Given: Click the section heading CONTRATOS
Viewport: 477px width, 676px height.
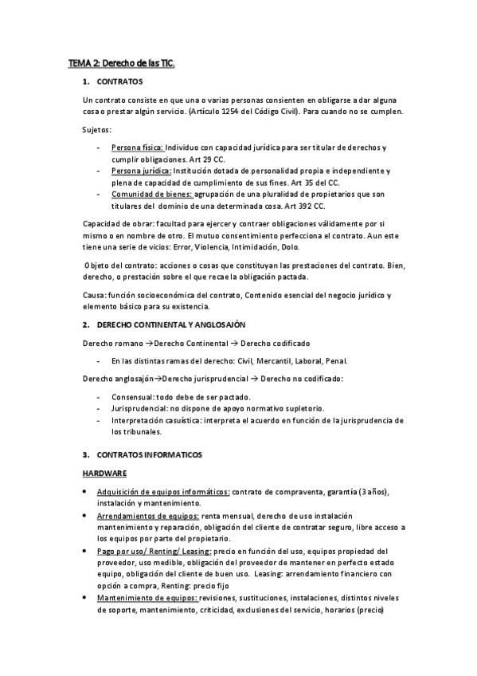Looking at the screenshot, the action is (x=119, y=83).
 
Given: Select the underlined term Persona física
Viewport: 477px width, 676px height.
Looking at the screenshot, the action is (x=138, y=148).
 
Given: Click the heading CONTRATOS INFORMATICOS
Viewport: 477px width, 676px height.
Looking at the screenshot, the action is (x=149, y=454).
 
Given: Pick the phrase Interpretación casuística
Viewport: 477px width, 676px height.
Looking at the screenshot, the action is (x=154, y=419).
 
